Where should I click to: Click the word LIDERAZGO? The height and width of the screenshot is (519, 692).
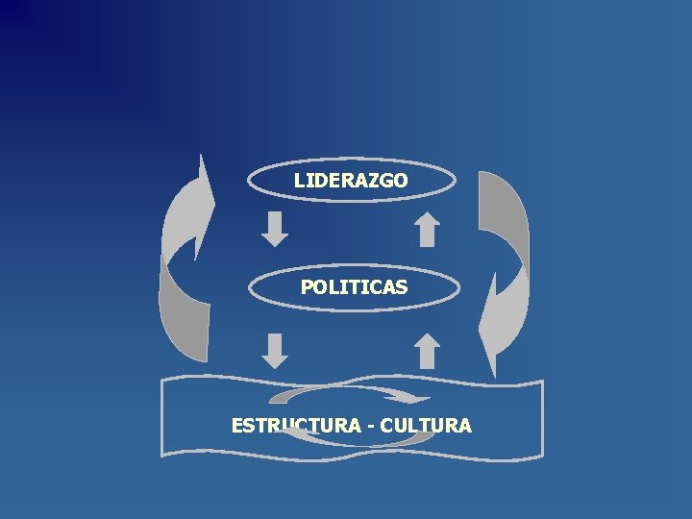351,180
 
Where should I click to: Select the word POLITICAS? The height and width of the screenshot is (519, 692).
353,286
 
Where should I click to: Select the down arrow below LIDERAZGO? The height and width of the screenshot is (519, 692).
276,229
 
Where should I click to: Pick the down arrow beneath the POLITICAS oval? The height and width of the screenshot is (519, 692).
276,350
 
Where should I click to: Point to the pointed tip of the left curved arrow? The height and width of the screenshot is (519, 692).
202,155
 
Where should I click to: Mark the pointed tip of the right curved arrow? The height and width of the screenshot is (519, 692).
493,374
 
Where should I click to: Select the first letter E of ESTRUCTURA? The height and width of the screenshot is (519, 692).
237,425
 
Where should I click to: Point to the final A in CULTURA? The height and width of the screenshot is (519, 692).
465,425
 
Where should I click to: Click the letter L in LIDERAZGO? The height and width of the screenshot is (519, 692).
299,180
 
